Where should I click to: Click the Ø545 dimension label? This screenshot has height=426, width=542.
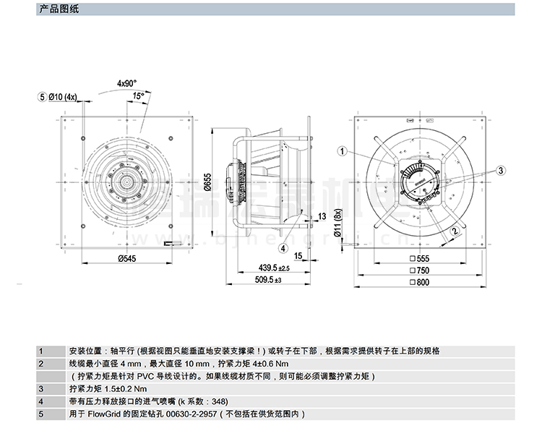pos(127,259)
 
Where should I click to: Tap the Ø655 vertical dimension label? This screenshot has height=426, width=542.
pos(207,184)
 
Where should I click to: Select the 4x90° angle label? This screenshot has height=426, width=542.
pos(127,83)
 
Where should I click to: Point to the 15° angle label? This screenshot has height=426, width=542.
pos(138,95)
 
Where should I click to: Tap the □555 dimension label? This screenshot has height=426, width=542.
pos(420,259)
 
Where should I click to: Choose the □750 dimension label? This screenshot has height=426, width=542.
pos(420,270)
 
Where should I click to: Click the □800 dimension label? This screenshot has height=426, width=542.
pos(420,282)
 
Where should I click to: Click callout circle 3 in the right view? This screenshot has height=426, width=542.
pos(499,170)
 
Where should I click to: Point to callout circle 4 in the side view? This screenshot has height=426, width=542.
pos(283,247)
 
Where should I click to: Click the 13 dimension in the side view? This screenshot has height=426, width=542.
pos(322,216)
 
